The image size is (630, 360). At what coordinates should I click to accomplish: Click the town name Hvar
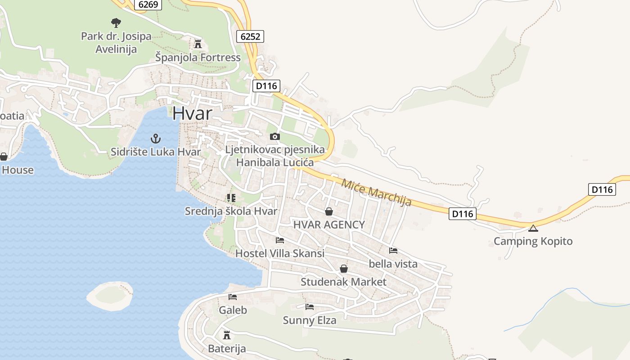click(192, 113)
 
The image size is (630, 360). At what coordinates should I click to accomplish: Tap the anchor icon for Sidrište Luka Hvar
click(155, 139)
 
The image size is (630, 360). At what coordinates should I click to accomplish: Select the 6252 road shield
click(250, 36)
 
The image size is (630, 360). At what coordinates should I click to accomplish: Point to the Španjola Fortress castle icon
click(198, 44)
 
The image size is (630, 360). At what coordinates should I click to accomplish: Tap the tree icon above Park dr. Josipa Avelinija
click(116, 22)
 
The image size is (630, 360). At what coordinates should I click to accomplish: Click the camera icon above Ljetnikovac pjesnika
click(274, 136)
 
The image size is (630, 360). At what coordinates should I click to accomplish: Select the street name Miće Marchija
click(376, 193)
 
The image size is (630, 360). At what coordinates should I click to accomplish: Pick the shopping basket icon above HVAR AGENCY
click(329, 211)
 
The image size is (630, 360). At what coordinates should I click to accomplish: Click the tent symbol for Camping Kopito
click(533, 228)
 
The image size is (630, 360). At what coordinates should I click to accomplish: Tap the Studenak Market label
click(343, 282)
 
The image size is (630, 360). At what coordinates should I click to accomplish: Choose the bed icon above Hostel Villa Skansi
click(280, 240)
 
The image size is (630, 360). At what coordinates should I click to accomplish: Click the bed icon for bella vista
click(393, 251)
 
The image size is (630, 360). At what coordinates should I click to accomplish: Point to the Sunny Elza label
click(310, 320)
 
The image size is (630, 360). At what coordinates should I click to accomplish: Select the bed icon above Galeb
click(233, 297)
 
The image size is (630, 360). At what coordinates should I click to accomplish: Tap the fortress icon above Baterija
click(227, 335)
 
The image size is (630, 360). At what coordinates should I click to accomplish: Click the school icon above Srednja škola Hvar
click(231, 198)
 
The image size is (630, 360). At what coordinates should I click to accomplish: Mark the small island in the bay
click(110, 296)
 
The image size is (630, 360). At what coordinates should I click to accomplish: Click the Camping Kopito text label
click(533, 241)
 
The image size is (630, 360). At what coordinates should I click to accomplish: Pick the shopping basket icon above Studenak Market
click(344, 269)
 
